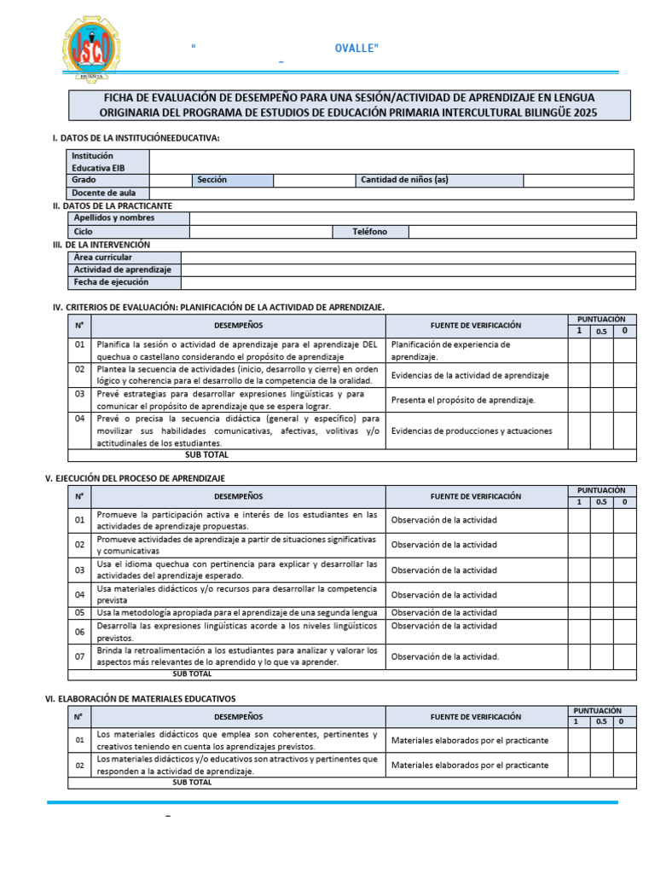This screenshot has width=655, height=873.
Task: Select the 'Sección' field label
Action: pos(212,180)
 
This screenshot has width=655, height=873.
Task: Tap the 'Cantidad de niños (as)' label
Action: pos(404,180)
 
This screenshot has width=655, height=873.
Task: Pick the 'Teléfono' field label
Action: pos(369,232)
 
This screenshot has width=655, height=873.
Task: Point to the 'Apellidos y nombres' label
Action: pos(114,218)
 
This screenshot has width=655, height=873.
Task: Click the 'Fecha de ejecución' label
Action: pos(111,282)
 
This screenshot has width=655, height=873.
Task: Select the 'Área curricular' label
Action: pos(103,257)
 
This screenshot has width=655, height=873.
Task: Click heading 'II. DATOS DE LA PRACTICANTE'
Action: pos(112,205)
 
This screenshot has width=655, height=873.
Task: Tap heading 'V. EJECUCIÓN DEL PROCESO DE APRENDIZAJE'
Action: pos(134,478)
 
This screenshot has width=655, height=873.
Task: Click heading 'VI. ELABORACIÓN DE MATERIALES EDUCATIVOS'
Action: pos(140,698)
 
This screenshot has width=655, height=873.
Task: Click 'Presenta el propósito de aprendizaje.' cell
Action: pos(463,400)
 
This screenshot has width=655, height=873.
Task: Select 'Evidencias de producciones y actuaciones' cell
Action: pos(471,431)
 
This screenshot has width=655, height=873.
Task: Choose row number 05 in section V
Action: pos(79,612)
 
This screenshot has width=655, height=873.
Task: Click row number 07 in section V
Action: pos(79,656)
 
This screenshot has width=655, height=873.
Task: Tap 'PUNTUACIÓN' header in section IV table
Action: pos(601,319)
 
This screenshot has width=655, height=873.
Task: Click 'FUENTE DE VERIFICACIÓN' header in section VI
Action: pos(476,716)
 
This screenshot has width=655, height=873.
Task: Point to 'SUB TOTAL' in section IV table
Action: pos(206,454)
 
